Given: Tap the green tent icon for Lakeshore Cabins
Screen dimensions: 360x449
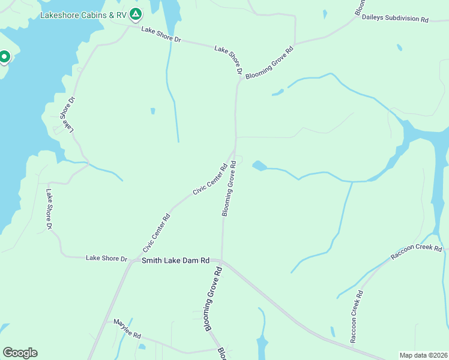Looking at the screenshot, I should (x=136, y=13).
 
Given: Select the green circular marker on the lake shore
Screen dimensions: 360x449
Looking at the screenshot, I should (x=4, y=57).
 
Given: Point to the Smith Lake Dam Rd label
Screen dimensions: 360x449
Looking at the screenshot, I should (x=175, y=260).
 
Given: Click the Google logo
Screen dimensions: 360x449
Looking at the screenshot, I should (x=20, y=353).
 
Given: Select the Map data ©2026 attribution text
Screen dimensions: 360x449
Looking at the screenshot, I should (x=423, y=355).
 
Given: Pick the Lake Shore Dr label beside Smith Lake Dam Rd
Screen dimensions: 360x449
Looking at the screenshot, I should (x=107, y=259).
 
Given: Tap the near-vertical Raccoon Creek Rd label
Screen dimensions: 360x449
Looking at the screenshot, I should (x=357, y=317).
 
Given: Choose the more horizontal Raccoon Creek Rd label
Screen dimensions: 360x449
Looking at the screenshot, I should (x=416, y=253).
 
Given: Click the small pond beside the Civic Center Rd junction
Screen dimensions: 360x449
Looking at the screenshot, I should (x=259, y=165).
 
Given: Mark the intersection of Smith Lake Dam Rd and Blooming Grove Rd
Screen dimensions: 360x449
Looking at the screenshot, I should (x=221, y=260).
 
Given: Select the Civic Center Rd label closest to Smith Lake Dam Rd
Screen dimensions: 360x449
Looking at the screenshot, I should (x=157, y=233).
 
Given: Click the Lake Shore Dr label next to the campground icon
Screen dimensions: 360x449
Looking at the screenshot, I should (x=161, y=35).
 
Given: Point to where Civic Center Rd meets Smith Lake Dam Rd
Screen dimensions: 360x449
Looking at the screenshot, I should (x=132, y=262).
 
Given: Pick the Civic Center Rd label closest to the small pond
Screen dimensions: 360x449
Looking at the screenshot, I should (x=209, y=179).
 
